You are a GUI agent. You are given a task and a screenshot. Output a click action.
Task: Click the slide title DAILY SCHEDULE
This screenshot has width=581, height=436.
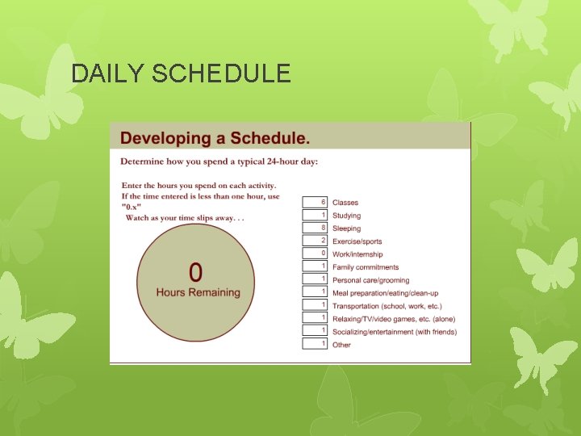[181, 74]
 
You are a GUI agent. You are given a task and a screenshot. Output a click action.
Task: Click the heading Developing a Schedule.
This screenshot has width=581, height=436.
[215, 138]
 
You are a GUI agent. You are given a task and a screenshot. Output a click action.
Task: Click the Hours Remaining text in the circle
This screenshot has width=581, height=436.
[198, 292]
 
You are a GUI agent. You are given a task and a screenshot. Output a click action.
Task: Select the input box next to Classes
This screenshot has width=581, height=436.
[315, 202]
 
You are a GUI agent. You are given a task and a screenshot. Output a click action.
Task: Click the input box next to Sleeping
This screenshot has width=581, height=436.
[315, 228]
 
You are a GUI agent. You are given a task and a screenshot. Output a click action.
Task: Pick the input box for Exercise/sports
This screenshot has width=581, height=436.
[315, 241]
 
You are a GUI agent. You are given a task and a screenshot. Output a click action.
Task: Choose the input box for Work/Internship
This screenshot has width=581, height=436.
[315, 254]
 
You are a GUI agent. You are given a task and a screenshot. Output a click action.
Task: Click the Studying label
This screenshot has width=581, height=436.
[347, 216]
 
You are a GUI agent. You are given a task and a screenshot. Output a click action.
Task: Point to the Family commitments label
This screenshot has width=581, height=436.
[366, 267]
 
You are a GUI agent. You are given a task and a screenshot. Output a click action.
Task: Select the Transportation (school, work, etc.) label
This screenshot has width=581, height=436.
[387, 306]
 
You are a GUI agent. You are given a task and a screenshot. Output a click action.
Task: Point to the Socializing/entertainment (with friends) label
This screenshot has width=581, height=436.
[395, 332]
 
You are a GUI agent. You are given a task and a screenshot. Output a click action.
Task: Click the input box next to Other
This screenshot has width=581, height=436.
[315, 344]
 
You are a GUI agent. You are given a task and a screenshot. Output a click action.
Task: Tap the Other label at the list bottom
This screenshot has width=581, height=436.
[341, 345]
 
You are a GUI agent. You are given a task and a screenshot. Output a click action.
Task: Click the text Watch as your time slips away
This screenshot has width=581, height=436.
[185, 218]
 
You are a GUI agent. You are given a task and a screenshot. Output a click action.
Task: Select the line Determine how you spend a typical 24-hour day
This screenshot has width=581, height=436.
[219, 161]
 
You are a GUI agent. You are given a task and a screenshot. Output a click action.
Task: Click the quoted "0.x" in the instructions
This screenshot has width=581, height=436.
[133, 207]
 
